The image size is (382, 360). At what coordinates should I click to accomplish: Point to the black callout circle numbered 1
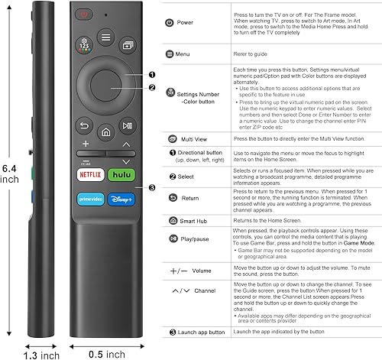152,75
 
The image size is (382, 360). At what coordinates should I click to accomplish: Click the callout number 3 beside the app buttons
152,189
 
